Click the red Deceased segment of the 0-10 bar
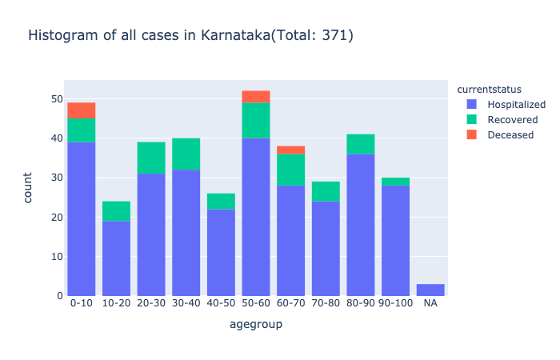coord(82,110)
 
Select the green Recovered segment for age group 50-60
coord(256,120)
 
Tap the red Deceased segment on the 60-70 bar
coord(290,150)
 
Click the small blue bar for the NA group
coord(430,290)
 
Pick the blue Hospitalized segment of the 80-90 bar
coord(361,225)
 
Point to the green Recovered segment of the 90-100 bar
coord(395,182)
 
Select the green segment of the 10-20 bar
coord(116,211)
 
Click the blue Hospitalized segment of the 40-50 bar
coord(221,252)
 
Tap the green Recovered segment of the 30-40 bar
coord(186,154)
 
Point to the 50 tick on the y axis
coord(56,99)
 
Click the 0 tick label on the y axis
coord(59,296)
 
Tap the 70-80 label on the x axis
coord(326,305)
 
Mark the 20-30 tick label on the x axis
coord(151,305)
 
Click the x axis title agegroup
coord(256,325)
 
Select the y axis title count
coord(29,188)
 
